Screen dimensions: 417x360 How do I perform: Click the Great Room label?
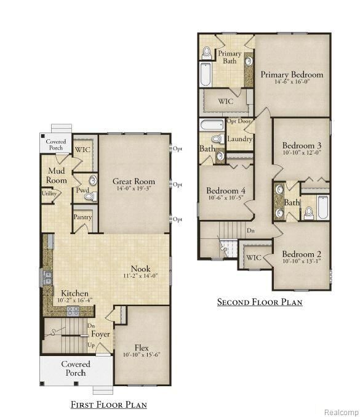pos(134,182)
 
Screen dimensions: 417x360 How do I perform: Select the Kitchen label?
pos(74,293)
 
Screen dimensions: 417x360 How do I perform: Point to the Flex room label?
pos(142,347)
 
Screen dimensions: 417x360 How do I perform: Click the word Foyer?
pos(101,334)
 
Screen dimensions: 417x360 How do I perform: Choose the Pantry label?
pos(82,217)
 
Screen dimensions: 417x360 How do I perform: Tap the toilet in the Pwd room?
pos(89,196)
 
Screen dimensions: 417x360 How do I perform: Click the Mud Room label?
pos(56,175)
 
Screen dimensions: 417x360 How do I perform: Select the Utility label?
pos(49,193)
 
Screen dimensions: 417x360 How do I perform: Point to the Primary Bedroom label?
pos(292,75)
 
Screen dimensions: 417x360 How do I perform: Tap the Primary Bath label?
pos(230,57)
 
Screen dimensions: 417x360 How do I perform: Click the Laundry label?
pos(239,139)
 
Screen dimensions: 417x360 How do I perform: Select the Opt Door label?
pos(239,121)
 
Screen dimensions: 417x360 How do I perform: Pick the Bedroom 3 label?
pos(302,145)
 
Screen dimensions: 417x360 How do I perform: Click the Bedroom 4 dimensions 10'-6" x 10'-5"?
pos(226,199)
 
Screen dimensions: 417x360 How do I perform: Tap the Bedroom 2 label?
pos(302,254)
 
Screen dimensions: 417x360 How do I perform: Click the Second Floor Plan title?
pos(259,302)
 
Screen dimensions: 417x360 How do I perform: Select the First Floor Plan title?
pos(108,405)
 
